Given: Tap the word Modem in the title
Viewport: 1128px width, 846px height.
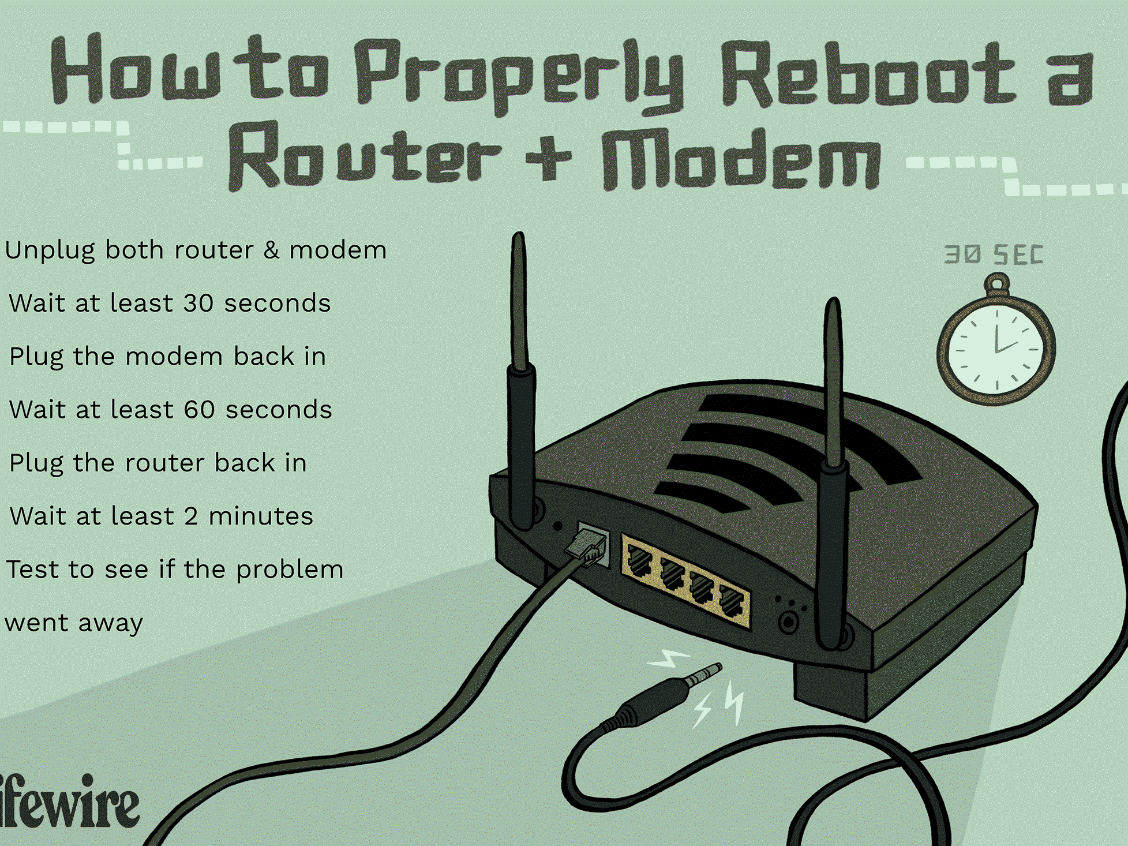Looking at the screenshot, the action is point(741,158).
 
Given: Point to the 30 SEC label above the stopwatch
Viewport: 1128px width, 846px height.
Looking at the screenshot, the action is point(994,254).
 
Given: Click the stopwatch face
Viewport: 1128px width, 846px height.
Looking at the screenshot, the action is point(996,349).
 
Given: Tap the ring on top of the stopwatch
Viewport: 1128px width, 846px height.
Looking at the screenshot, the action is point(996,285).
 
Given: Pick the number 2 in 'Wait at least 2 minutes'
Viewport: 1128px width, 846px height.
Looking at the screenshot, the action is point(191,516).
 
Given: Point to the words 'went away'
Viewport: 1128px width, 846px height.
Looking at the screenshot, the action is point(74,623).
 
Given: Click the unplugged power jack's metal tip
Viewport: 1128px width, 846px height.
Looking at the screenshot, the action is point(704,673).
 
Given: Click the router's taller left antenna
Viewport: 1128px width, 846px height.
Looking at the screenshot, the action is point(520,381).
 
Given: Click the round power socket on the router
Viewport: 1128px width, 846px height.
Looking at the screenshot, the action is point(789,622).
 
